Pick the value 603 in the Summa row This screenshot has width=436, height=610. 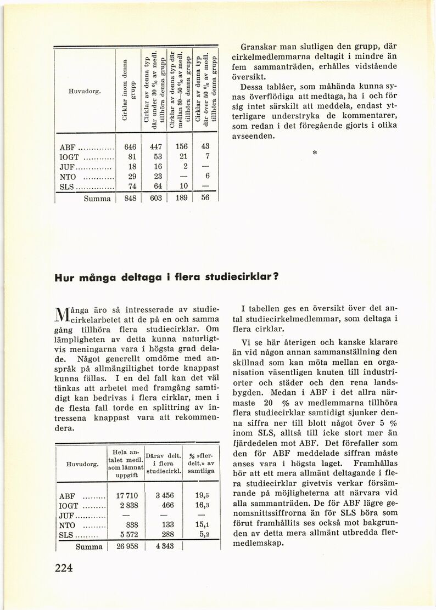[155, 198]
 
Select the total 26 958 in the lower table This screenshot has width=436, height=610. [126, 547]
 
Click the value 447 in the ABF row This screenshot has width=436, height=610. [155, 147]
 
